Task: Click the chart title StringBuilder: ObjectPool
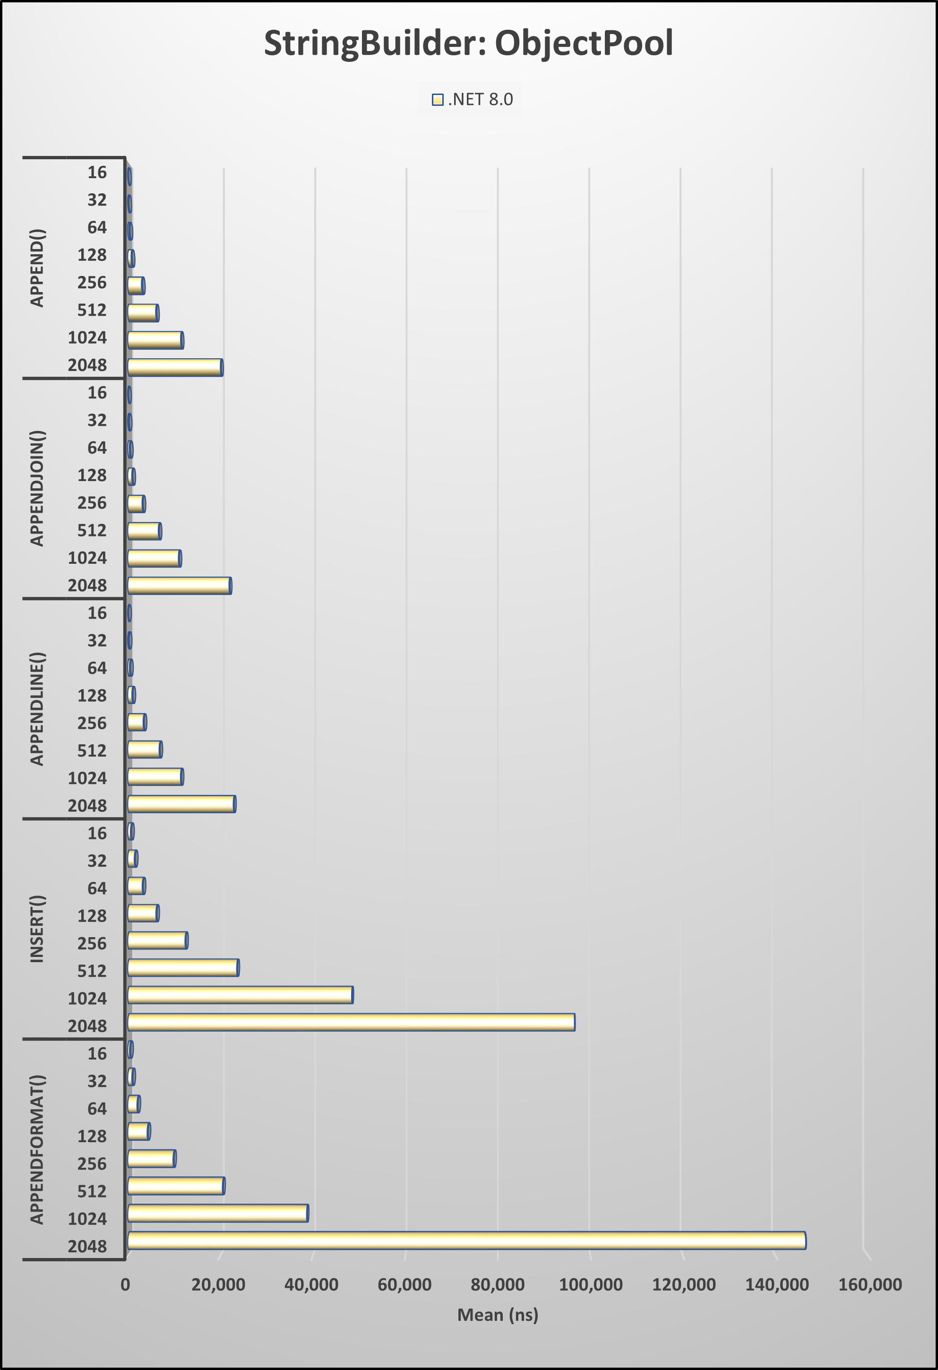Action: [468, 43]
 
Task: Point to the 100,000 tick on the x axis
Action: [590, 1284]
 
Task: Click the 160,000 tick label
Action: [869, 1284]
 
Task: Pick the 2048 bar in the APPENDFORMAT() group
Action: [466, 1241]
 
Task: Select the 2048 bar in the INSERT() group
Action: [351, 1022]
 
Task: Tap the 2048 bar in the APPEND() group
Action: [175, 367]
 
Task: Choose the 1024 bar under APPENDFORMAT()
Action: [217, 1213]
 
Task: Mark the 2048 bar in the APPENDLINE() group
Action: [181, 804]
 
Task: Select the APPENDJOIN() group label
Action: [37, 488]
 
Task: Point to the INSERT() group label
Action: [37, 929]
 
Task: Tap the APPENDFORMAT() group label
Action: [37, 1149]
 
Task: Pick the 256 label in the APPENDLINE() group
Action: [92, 724]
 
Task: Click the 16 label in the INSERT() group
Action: [97, 833]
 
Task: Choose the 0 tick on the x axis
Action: [126, 1284]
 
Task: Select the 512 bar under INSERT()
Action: [183, 967]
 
